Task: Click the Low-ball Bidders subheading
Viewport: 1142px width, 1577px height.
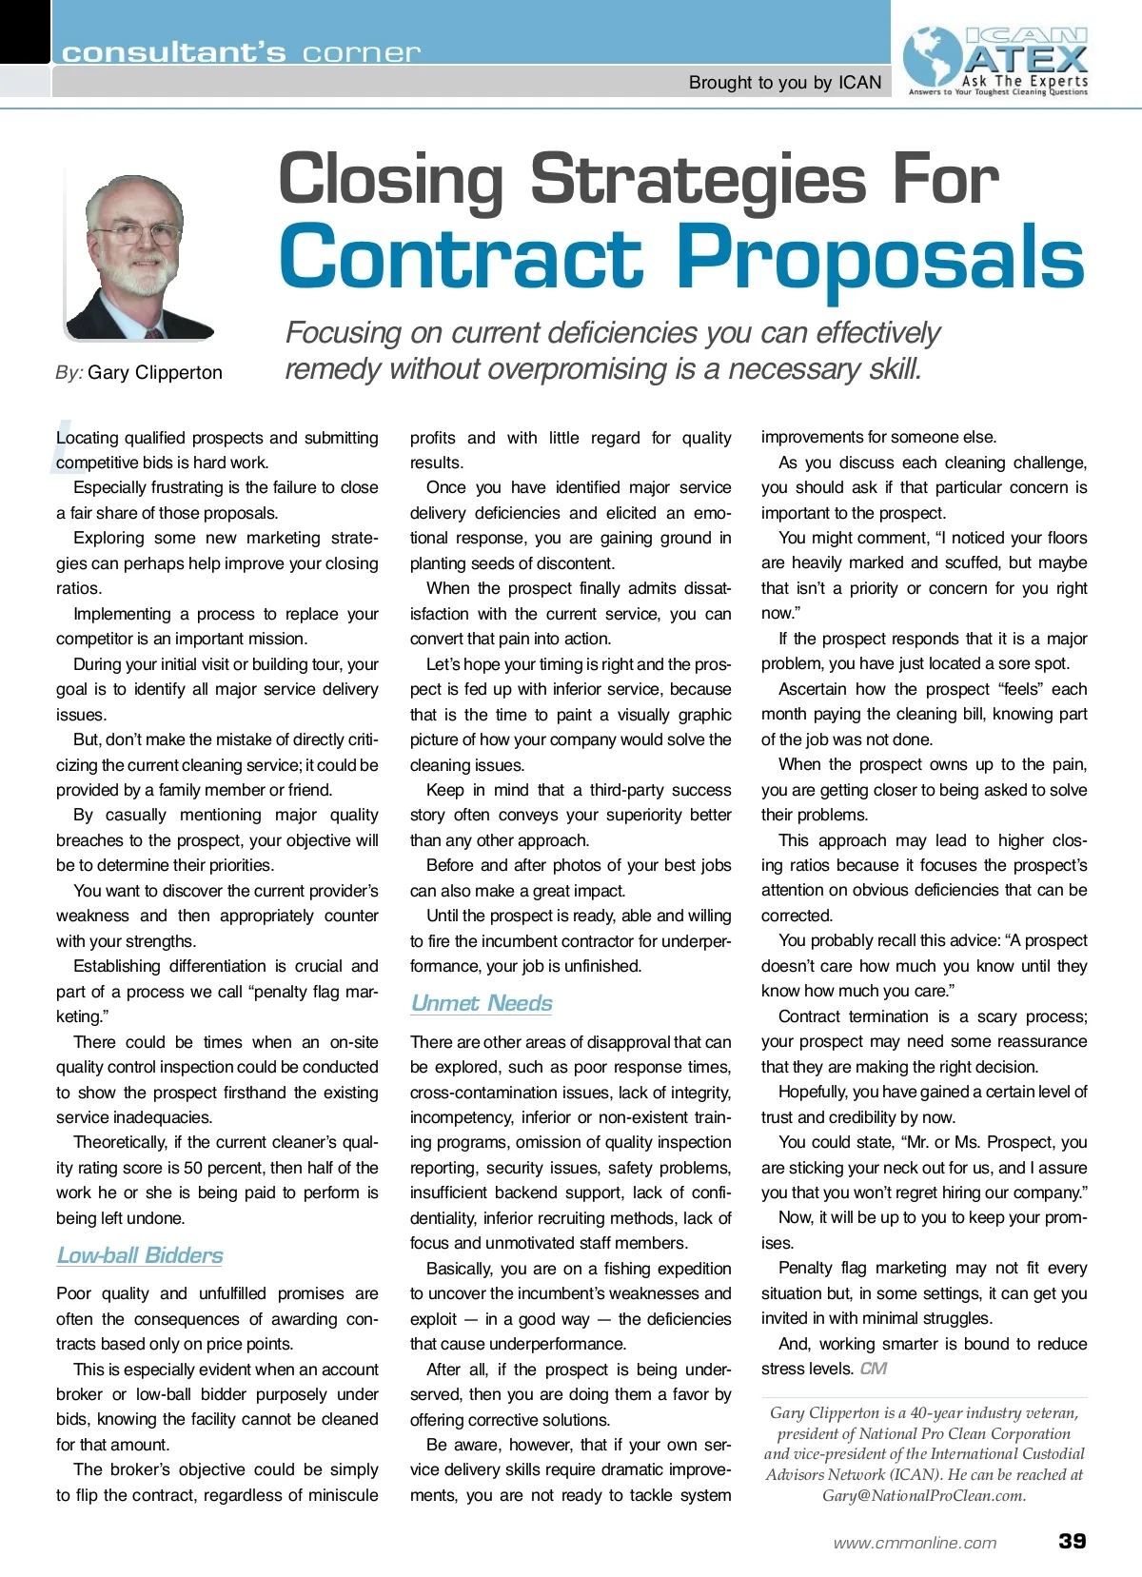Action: click(x=140, y=1255)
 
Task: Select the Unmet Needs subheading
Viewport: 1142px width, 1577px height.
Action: click(x=482, y=1003)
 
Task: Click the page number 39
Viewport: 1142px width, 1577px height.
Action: click(x=1073, y=1541)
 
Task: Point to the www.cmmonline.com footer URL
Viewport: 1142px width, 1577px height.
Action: click(x=915, y=1543)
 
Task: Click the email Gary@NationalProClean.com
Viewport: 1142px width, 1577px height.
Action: click(x=923, y=1495)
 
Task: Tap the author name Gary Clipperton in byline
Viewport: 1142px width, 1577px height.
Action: click(x=155, y=372)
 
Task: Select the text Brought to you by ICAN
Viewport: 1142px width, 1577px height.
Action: click(x=785, y=83)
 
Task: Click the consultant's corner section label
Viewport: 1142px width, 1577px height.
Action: click(x=240, y=52)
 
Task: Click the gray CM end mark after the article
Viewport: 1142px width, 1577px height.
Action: click(x=873, y=1369)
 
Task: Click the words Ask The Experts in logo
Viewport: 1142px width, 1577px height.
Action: click(x=1024, y=81)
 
